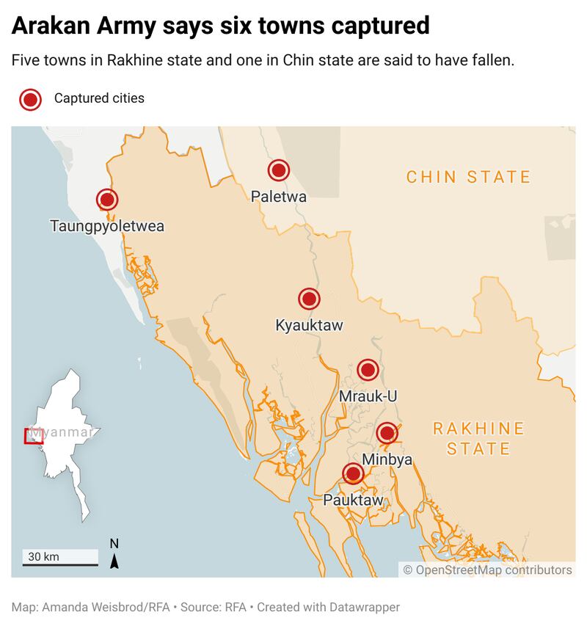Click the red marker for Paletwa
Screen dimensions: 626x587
[x=278, y=171]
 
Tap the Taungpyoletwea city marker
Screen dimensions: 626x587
[x=107, y=200]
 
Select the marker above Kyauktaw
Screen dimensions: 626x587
[x=309, y=299]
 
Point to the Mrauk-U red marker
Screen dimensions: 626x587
[x=368, y=370]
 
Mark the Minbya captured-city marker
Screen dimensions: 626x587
[x=387, y=433]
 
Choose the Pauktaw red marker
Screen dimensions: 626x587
[x=354, y=474]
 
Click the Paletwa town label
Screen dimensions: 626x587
[x=278, y=196]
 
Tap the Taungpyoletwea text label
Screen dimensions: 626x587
[x=107, y=226]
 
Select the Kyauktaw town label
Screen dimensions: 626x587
[x=309, y=325]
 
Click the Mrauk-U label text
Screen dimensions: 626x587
[x=368, y=396]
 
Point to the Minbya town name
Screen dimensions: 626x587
[x=387, y=459]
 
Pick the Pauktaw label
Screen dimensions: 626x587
[x=354, y=501]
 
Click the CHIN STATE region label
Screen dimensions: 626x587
[x=468, y=177]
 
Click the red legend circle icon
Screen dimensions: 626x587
[x=30, y=99]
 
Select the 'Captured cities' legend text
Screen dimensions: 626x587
[x=99, y=98]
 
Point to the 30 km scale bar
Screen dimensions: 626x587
[x=59, y=564]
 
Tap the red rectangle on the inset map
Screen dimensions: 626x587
[x=34, y=436]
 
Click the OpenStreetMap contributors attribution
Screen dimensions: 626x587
[x=487, y=569]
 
